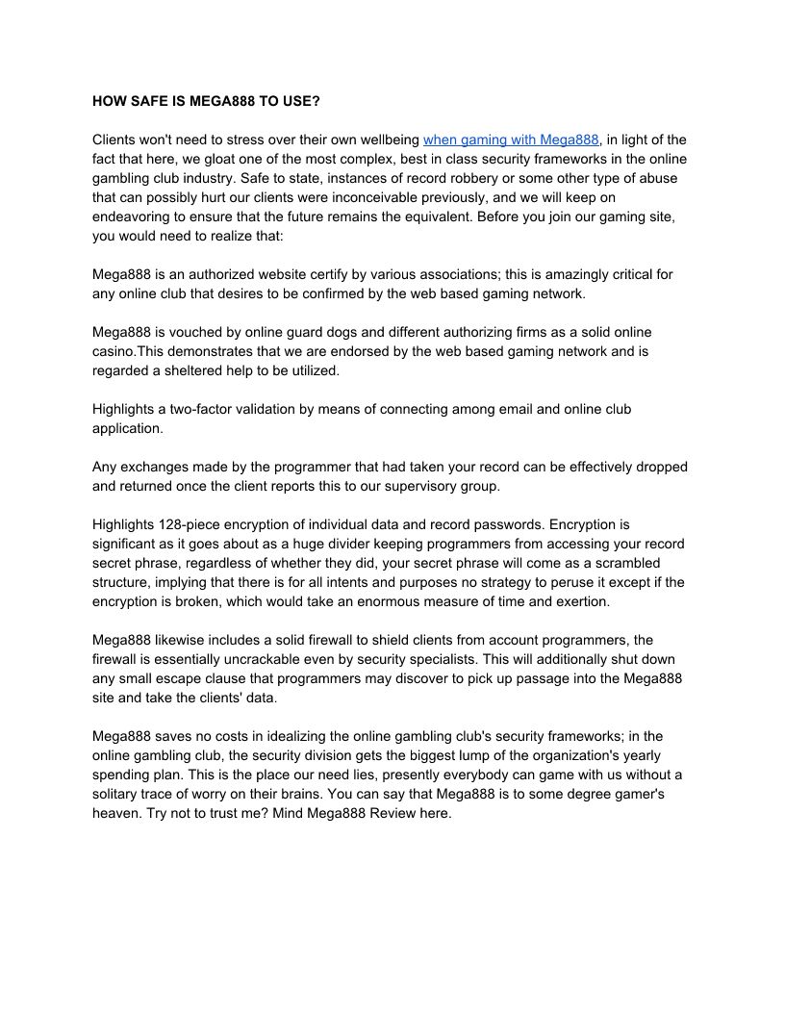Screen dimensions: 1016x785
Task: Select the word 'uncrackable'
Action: [x=292, y=659]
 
